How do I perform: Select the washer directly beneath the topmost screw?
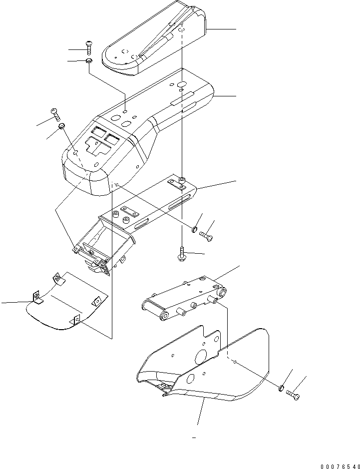[x=89, y=60]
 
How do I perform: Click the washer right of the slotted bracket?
[x=194, y=229]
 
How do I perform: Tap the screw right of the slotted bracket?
[x=206, y=234]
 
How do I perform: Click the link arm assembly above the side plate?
[x=185, y=297]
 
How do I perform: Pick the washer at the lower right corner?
[x=282, y=387]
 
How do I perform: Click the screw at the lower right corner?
[x=294, y=395]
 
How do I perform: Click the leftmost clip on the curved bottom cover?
[x=37, y=299]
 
